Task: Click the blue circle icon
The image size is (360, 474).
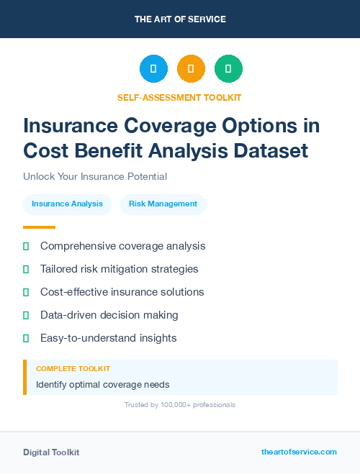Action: click(x=153, y=69)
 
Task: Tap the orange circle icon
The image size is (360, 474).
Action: click(x=191, y=69)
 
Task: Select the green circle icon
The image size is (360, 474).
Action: click(x=228, y=69)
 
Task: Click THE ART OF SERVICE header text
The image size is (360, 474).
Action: click(x=180, y=19)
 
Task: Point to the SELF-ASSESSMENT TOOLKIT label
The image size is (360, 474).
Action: click(x=180, y=97)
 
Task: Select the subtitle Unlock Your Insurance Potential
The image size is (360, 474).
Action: click(x=95, y=176)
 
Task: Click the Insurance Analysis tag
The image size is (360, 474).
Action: click(x=68, y=204)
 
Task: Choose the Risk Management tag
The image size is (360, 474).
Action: click(x=163, y=204)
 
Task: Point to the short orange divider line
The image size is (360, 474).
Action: click(x=35, y=227)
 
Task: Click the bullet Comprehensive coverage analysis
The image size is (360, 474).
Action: click(x=122, y=246)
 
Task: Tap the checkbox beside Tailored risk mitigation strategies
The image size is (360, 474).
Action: click(x=26, y=270)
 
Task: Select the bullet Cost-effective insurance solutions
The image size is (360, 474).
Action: click(x=122, y=292)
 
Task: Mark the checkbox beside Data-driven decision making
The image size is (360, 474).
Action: click(x=26, y=316)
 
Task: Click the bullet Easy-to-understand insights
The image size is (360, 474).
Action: click(x=108, y=338)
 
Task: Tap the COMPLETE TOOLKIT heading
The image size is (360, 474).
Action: click(x=73, y=369)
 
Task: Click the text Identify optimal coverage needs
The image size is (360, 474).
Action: click(x=103, y=385)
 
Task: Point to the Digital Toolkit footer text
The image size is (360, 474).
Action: click(x=51, y=452)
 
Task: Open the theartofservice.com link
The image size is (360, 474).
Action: click(x=299, y=452)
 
